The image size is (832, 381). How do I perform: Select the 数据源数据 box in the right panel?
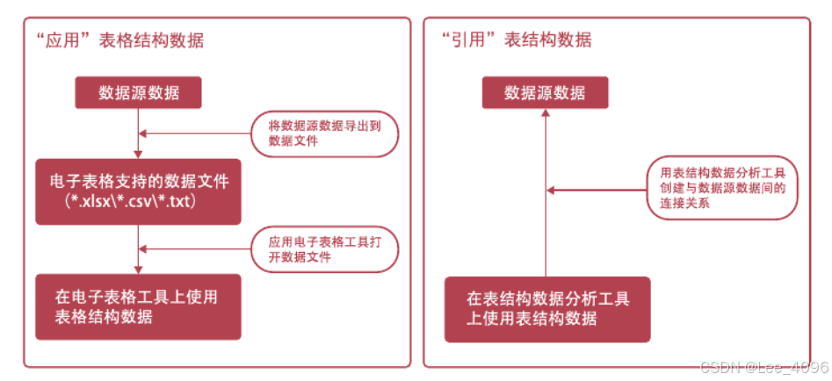(x=545, y=93)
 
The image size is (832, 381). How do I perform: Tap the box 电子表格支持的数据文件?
(x=139, y=182)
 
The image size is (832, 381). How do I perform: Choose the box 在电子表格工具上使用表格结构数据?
(x=138, y=306)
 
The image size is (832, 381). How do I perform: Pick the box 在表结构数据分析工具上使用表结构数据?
(x=546, y=308)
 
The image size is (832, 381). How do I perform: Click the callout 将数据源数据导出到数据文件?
(x=324, y=133)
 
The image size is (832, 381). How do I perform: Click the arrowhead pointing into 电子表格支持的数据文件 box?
(x=139, y=155)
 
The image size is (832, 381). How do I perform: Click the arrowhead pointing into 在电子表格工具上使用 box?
(x=139, y=270)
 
